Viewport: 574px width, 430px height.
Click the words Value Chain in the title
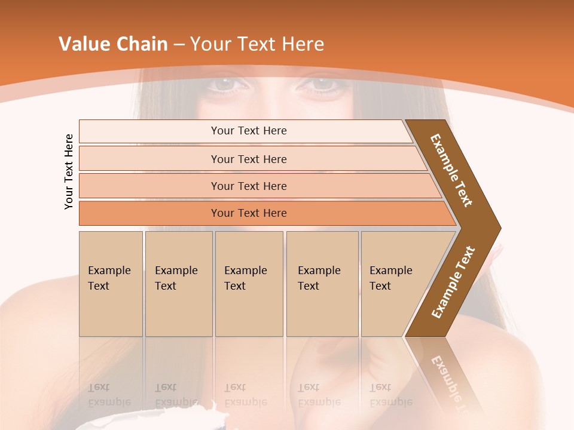(113, 44)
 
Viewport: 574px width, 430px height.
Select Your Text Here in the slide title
(257, 44)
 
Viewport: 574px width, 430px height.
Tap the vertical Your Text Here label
(69, 171)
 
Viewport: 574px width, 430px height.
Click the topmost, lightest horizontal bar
(249, 131)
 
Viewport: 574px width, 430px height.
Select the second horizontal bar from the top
(249, 159)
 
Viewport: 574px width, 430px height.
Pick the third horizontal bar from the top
(249, 186)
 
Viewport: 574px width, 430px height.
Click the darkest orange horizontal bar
(249, 213)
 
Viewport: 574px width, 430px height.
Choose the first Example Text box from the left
(111, 284)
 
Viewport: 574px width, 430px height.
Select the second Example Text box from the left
(178, 284)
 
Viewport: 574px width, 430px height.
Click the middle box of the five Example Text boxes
(249, 284)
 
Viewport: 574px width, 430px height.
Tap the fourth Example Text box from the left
(322, 284)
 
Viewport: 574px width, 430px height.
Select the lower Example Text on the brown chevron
(453, 282)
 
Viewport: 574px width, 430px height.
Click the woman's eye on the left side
(225, 84)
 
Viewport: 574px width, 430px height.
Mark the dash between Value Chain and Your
(179, 45)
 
